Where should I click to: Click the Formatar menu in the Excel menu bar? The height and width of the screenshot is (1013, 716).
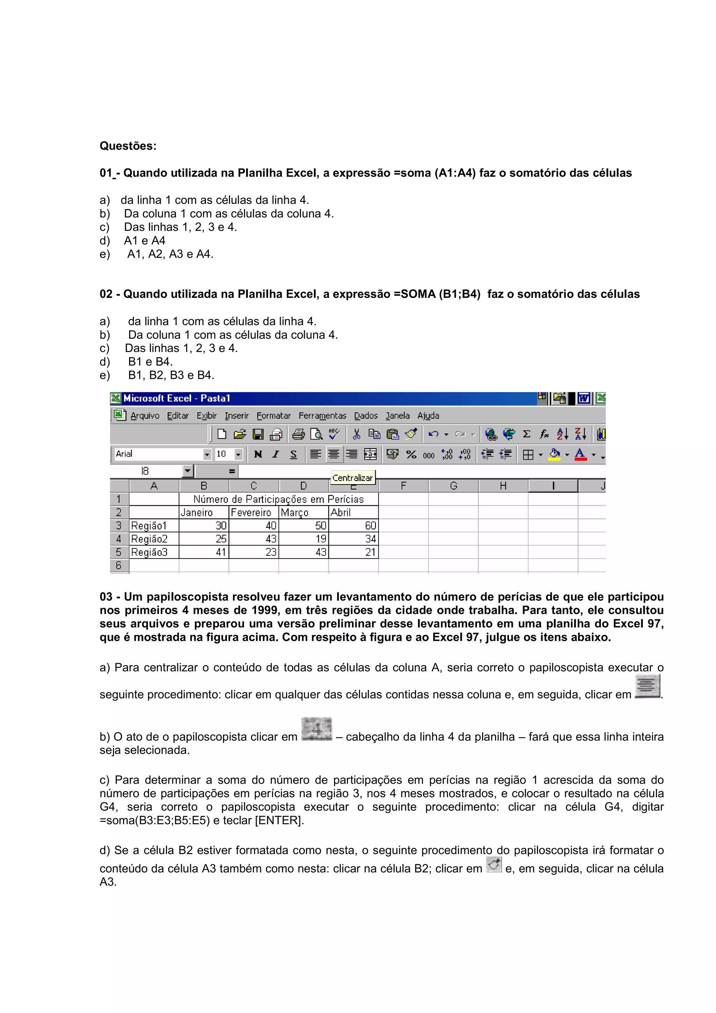point(273,416)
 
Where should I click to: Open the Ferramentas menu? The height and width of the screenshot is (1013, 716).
point(322,416)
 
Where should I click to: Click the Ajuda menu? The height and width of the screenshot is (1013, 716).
point(428,416)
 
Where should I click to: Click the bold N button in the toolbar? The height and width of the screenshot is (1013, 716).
point(258,454)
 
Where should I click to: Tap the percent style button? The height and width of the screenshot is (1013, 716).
point(411,454)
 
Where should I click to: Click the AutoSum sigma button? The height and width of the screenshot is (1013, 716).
point(526,434)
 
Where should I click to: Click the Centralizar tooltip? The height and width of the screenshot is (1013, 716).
point(352,478)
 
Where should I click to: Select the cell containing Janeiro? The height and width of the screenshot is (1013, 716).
point(204,512)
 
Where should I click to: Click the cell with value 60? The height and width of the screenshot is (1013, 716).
point(353,525)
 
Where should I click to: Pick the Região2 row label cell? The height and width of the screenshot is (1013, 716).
point(154,539)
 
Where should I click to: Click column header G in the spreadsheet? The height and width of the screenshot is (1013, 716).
point(453,486)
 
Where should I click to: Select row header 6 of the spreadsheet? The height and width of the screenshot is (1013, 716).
point(119,565)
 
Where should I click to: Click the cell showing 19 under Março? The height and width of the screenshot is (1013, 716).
point(303,539)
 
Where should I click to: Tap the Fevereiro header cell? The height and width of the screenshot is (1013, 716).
point(254,512)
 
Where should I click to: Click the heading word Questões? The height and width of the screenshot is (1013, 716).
point(128,146)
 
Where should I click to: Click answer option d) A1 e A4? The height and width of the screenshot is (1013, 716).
point(144,240)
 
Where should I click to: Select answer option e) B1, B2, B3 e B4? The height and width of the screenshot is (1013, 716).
point(171,375)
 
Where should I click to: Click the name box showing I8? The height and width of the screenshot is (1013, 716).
point(145,471)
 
